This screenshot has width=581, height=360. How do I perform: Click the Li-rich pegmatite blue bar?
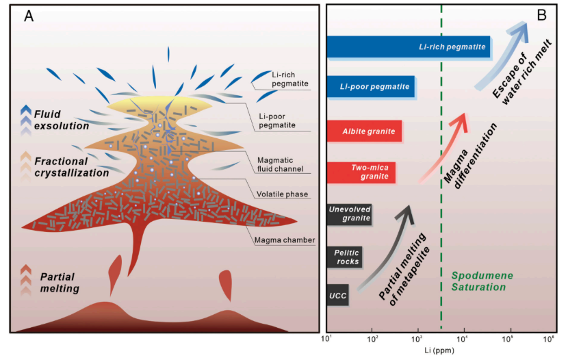pos(409,47)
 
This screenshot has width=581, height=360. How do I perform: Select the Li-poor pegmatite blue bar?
pos(370,87)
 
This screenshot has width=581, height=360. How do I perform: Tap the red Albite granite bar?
pos(364,131)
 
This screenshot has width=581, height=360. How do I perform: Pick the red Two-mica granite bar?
pos(361,172)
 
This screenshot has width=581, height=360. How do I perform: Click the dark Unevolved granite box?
pos(349,214)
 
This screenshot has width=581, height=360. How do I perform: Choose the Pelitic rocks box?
pos(344,257)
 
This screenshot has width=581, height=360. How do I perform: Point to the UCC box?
pos(337,295)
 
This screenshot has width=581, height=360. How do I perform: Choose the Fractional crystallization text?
pos(71,167)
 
